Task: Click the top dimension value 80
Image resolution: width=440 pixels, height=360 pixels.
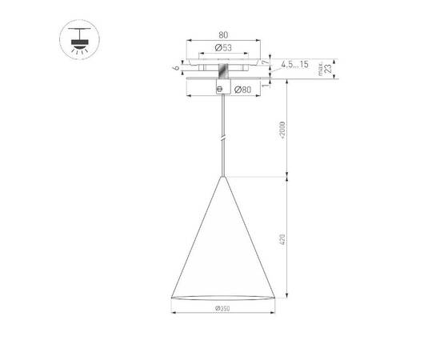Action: pyautogui.click(x=223, y=35)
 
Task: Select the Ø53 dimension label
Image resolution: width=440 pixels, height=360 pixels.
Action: pyautogui.click(x=223, y=50)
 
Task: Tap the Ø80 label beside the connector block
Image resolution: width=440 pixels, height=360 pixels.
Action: pyautogui.click(x=245, y=89)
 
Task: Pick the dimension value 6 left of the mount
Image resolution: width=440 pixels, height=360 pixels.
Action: pyautogui.click(x=175, y=69)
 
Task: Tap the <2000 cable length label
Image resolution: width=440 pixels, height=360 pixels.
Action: pyautogui.click(x=282, y=128)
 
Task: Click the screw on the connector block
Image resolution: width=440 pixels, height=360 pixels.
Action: pyautogui.click(x=224, y=89)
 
